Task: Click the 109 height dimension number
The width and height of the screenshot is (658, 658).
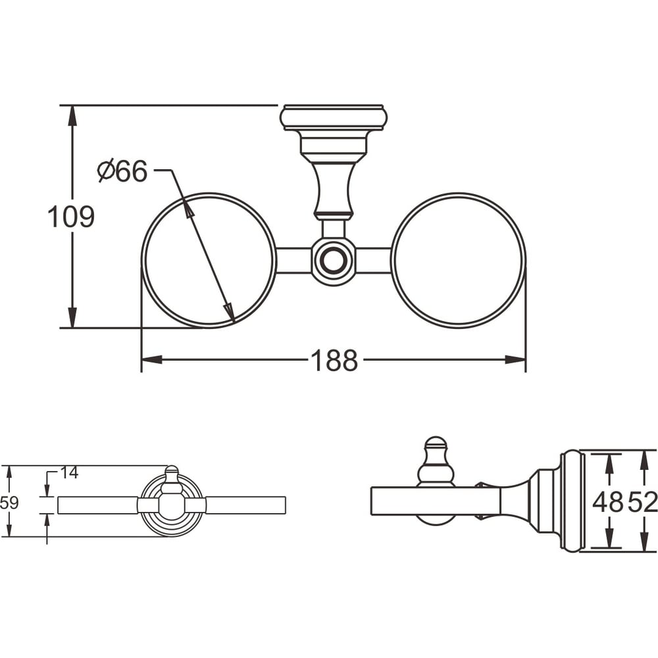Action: pos(71,217)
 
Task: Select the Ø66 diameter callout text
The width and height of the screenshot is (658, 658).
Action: pos(122,171)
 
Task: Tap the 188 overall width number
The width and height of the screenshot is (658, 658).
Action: pos(334,361)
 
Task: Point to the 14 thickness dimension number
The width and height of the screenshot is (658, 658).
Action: pos(69,473)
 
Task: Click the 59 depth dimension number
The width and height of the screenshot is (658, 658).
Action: pos(9,502)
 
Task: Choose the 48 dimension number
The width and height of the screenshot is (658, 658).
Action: pos(607,502)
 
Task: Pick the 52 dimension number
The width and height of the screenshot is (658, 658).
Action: pos(642,502)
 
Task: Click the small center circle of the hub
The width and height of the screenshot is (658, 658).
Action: pos(334,261)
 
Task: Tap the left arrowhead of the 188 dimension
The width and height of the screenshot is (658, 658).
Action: pos(151,360)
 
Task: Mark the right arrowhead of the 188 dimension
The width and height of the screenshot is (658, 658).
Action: pos(515,360)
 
